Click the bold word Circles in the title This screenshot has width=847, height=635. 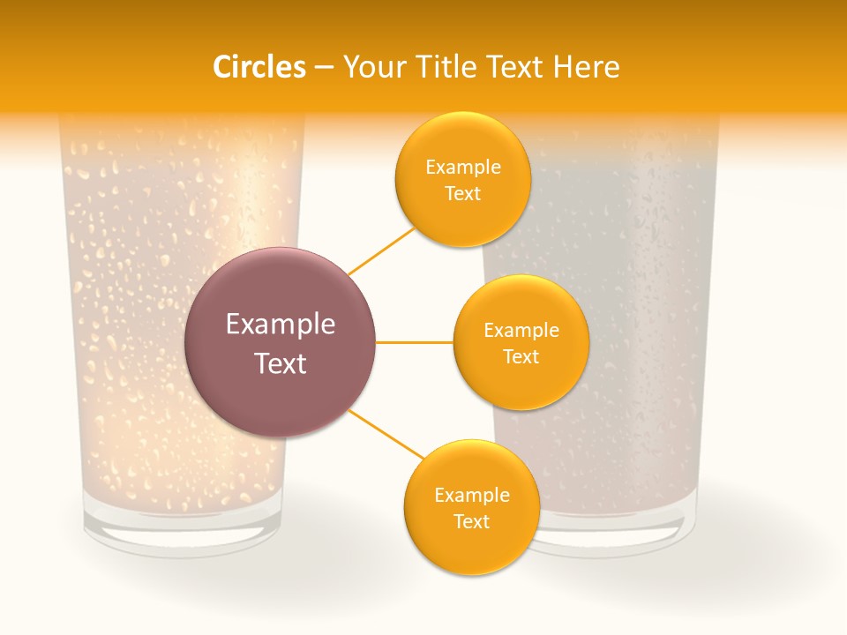[x=259, y=67]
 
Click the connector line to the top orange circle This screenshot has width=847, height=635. [x=381, y=250]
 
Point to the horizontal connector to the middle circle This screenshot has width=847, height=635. [x=415, y=342]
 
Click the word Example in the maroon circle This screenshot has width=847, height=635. [x=281, y=325]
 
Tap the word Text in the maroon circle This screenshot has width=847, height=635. [x=281, y=363]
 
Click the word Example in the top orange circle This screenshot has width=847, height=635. [x=463, y=168]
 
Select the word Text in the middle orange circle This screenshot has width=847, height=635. [x=521, y=356]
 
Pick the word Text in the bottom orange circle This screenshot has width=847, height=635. [x=471, y=521]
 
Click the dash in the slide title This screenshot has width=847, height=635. [x=324, y=68]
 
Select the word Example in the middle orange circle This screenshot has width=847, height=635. [x=521, y=331]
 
